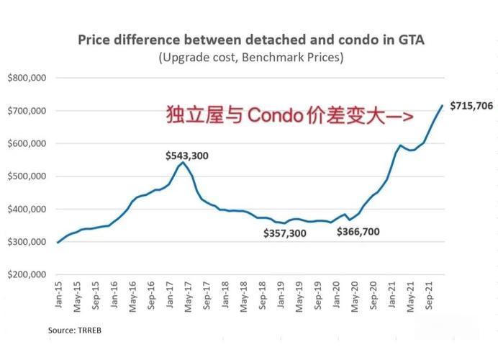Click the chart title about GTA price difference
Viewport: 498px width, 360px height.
250,40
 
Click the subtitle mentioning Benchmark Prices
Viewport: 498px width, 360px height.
250,57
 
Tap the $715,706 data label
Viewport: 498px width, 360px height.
471,105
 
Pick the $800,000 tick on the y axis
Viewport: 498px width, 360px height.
27,78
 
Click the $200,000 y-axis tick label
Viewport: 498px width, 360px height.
27,275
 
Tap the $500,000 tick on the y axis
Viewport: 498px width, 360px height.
27,176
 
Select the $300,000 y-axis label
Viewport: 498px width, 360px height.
27,242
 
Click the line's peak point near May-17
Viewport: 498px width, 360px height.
183,162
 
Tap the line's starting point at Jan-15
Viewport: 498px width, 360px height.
58,243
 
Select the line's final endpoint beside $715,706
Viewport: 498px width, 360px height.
442,106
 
